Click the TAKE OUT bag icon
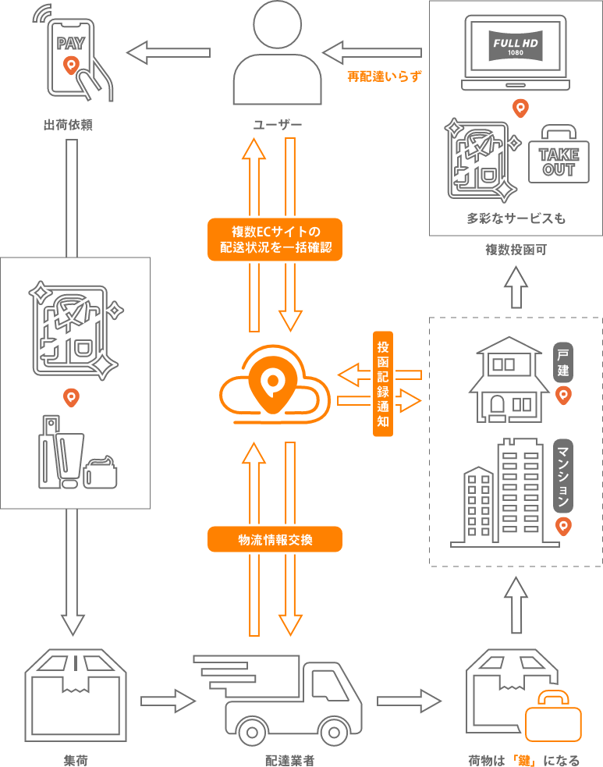pyautogui.click(x=559, y=155)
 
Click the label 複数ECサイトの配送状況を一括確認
pyautogui.click(x=275, y=240)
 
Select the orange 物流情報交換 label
pyautogui.click(x=275, y=539)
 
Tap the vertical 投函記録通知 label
pyautogui.click(x=382, y=383)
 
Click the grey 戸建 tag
pyautogui.click(x=563, y=363)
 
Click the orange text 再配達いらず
pyautogui.click(x=384, y=76)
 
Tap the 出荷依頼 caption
pyautogui.click(x=69, y=124)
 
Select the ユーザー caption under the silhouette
pyautogui.click(x=277, y=125)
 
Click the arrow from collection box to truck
pyautogui.click(x=168, y=701)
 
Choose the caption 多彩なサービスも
pyautogui.click(x=516, y=218)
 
